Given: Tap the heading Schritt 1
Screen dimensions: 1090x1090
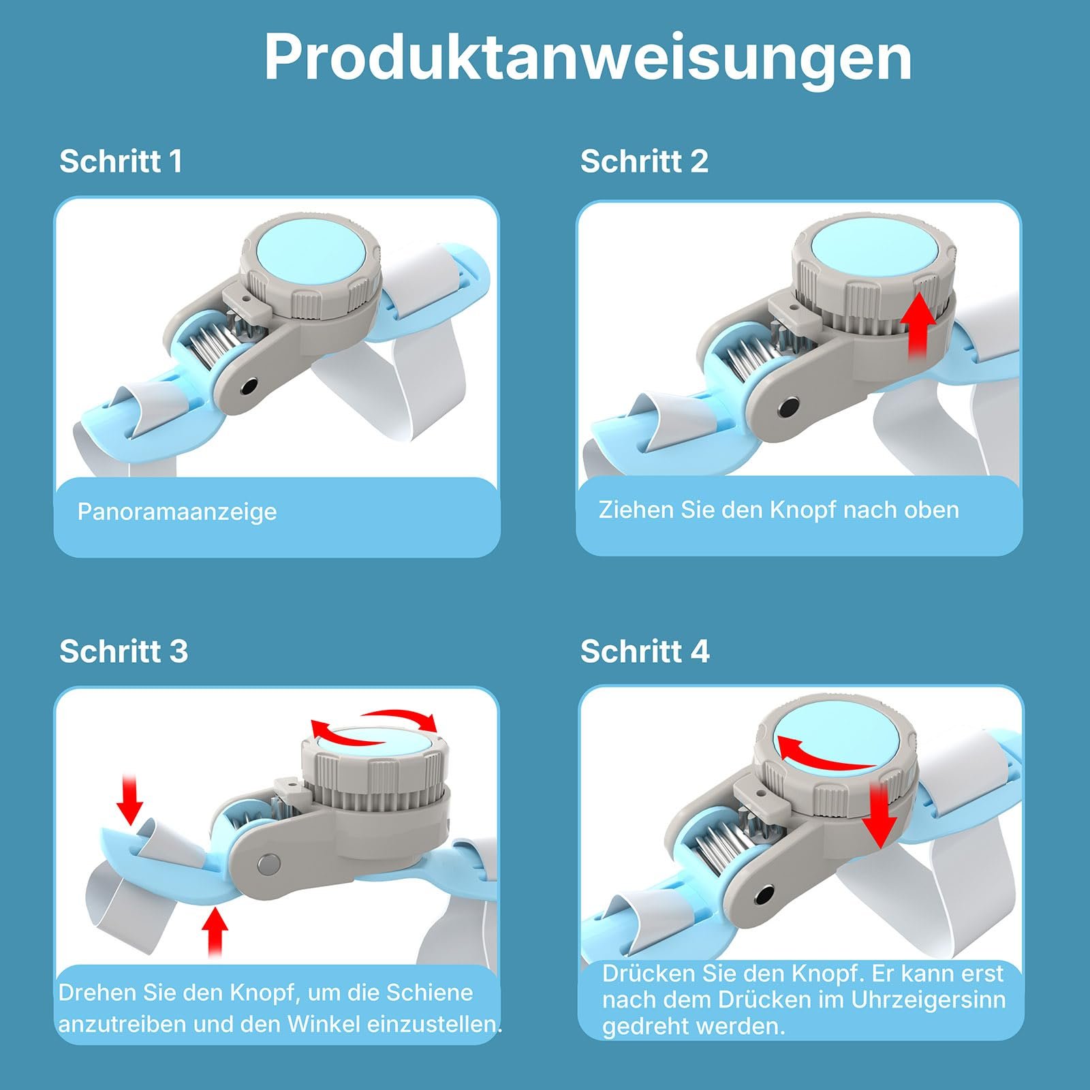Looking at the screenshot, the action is [x=121, y=161].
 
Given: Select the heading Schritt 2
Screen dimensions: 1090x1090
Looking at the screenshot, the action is [x=644, y=161].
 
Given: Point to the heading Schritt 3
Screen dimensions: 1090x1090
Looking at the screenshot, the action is [x=124, y=651].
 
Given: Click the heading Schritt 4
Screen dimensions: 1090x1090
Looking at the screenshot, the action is [x=645, y=651].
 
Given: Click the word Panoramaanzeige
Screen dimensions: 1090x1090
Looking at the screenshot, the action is [x=177, y=512].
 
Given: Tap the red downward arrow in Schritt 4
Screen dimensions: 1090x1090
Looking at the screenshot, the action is [x=880, y=815].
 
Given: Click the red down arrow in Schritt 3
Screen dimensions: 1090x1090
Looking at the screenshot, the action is [x=129, y=798].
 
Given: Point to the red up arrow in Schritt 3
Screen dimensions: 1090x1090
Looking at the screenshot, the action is [x=215, y=932].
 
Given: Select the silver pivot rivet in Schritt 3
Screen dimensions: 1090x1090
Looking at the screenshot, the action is [x=268, y=865].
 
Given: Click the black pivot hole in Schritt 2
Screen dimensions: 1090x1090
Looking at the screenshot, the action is [x=789, y=409].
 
